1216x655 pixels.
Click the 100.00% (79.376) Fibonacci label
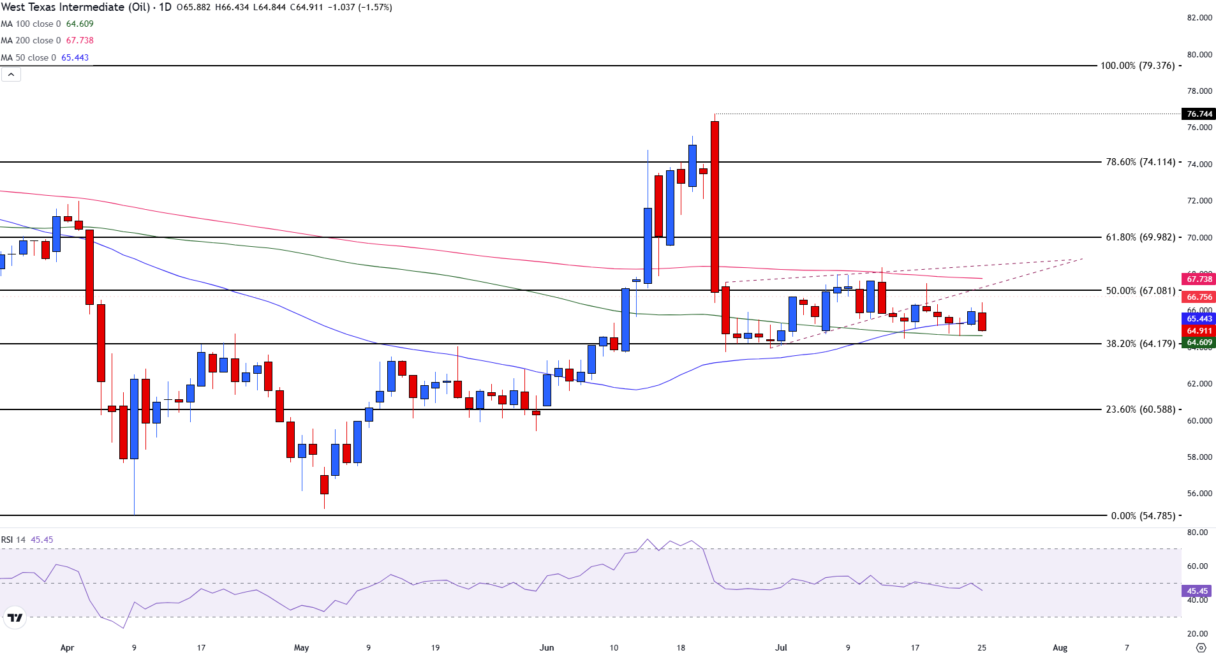1138,66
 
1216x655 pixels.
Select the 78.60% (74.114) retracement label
1140,162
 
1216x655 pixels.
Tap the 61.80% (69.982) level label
1140,237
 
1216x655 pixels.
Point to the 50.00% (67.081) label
1140,291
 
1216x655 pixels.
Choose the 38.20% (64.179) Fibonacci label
1140,344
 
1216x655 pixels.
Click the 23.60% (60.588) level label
1140,409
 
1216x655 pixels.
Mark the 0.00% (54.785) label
1143,515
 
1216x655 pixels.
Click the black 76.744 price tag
1199,114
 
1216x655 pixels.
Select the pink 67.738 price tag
1199,279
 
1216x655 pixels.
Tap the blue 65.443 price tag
1199,319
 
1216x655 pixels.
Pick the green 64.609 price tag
1199,342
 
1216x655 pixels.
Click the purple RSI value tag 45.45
1197,591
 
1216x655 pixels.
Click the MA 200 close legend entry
47,40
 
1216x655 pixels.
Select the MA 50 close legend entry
45,57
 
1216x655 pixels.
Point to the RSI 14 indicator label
13,540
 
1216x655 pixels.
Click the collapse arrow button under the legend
11,75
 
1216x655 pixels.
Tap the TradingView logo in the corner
14,617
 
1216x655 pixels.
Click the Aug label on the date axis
1060,647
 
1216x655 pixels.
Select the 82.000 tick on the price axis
1199,18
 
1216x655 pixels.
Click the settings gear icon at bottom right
1201,647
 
